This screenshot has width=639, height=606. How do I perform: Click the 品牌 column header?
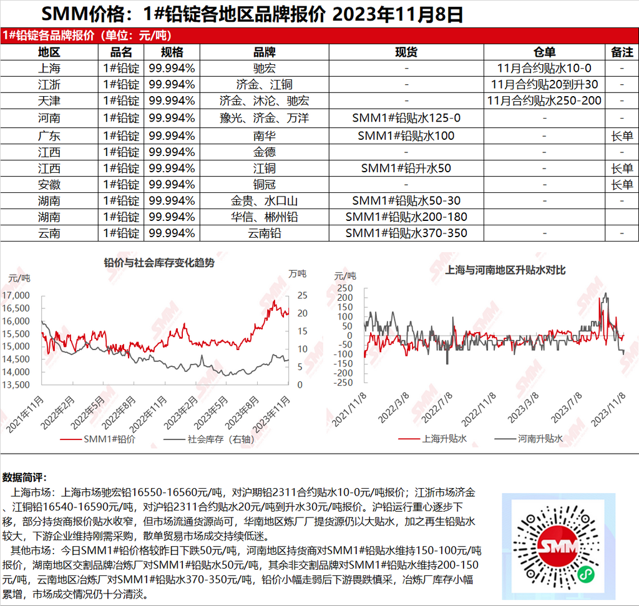[264, 52]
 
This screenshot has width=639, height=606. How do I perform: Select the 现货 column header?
[406, 52]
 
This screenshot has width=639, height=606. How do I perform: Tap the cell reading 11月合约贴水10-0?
[545, 68]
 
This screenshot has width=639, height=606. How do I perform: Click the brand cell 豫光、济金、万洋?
[264, 117]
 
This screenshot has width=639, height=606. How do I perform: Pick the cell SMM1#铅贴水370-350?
[406, 233]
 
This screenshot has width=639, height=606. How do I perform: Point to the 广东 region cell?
[49, 135]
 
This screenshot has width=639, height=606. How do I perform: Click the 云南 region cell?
[49, 233]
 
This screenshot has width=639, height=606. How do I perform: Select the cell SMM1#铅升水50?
[406, 168]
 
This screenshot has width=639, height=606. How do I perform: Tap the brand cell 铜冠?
[264, 184]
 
